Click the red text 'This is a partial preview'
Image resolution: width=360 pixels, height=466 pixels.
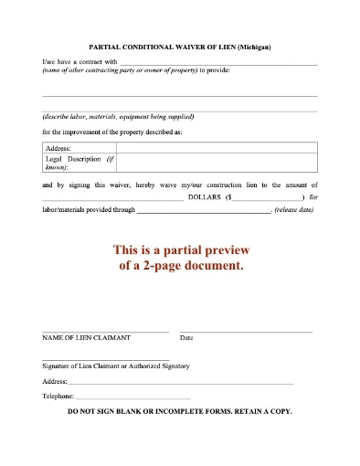[x=180, y=250]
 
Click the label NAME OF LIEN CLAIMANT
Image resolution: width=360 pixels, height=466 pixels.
[x=87, y=338]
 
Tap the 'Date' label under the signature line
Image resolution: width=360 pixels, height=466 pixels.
[x=186, y=338]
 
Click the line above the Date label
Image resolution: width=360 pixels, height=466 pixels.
[x=246, y=331]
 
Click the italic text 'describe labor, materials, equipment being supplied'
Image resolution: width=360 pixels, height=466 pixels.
[x=118, y=117]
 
